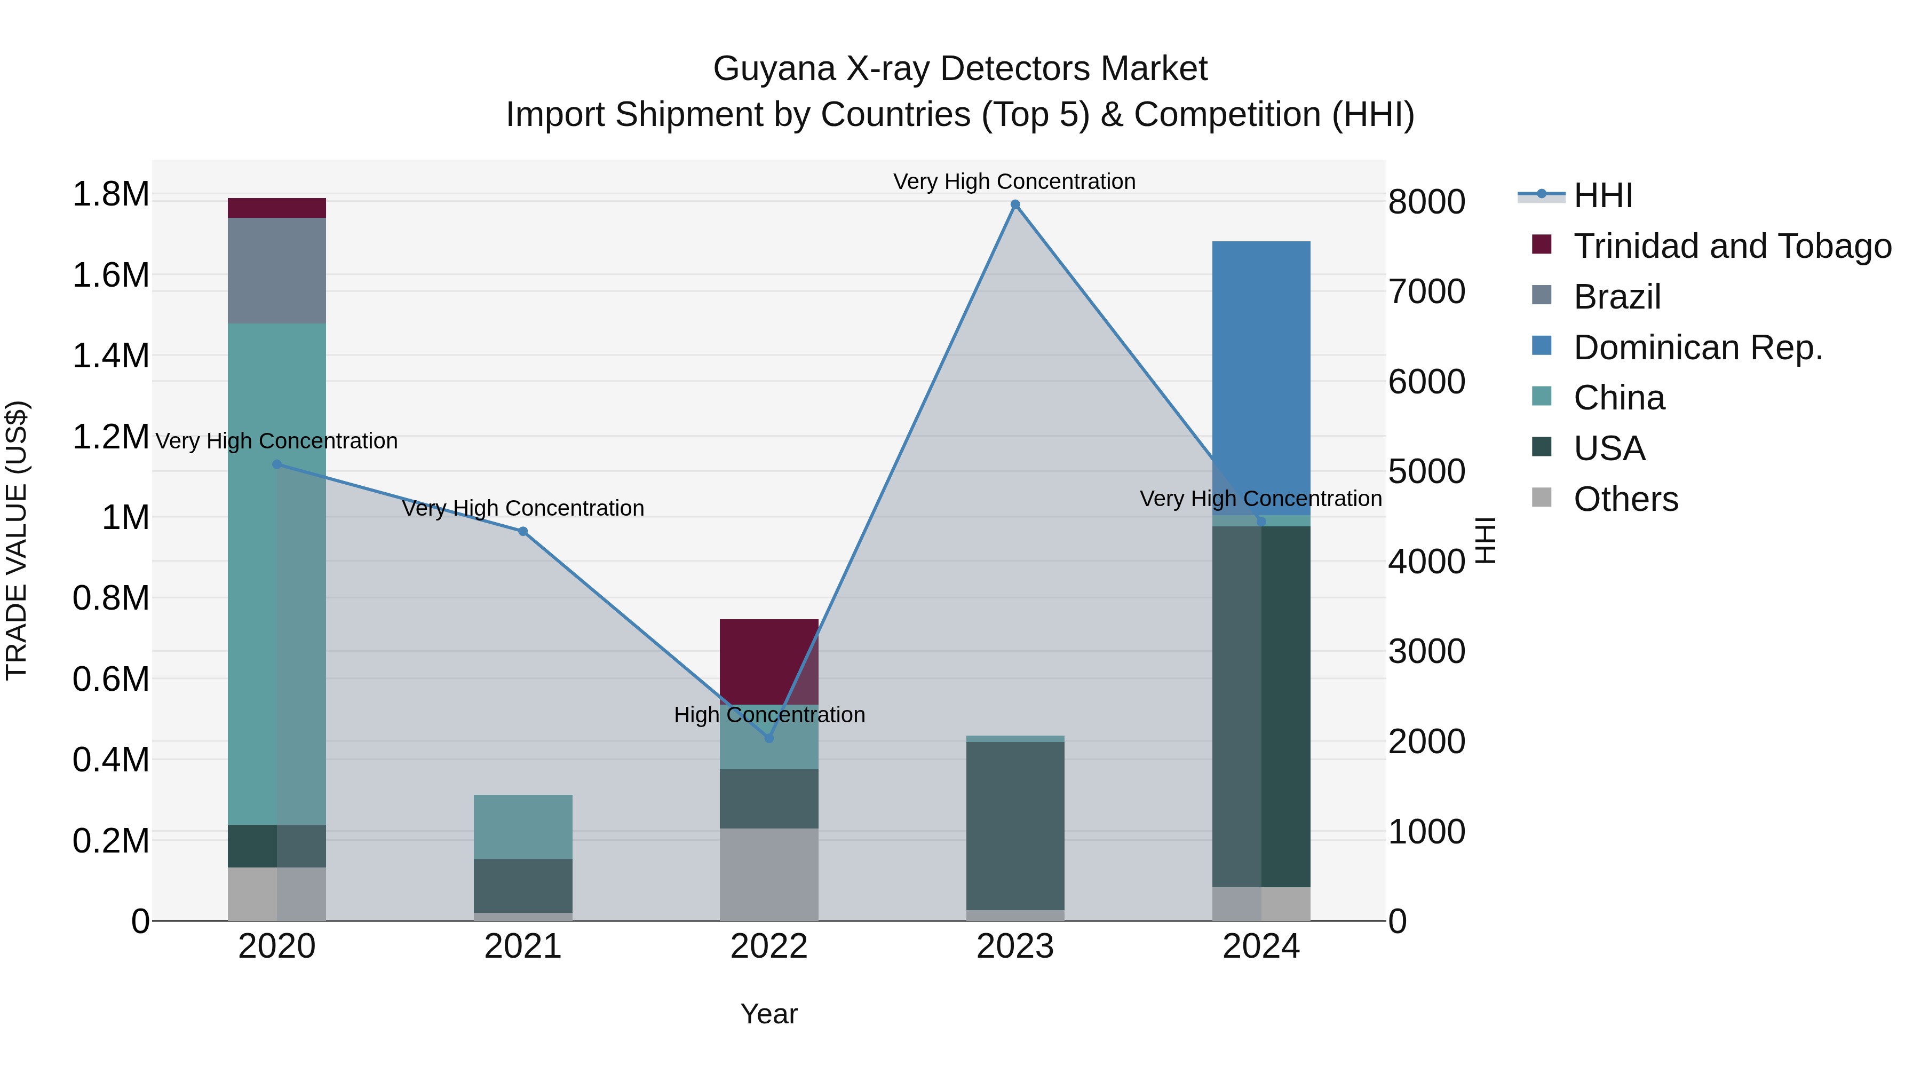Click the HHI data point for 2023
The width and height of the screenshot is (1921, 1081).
1015,204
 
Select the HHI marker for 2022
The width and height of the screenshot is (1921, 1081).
769,738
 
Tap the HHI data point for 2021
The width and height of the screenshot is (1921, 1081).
523,531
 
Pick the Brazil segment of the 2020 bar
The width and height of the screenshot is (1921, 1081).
276,270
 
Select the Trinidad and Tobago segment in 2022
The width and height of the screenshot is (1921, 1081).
769,661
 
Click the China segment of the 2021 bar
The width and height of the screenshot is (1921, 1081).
523,826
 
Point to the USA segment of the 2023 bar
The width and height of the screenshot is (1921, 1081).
1015,825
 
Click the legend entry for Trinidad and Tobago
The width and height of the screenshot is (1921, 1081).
1732,246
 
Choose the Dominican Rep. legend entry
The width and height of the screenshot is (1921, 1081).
1697,348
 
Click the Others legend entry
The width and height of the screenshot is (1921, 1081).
1626,499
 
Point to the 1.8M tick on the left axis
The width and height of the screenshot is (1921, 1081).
110,195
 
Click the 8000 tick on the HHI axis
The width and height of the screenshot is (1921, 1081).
1426,201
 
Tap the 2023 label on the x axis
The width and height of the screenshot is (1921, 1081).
1015,946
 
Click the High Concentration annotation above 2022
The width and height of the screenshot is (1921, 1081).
769,715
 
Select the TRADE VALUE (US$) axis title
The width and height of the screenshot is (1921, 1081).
17,540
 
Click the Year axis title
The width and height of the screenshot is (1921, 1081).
769,1014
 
